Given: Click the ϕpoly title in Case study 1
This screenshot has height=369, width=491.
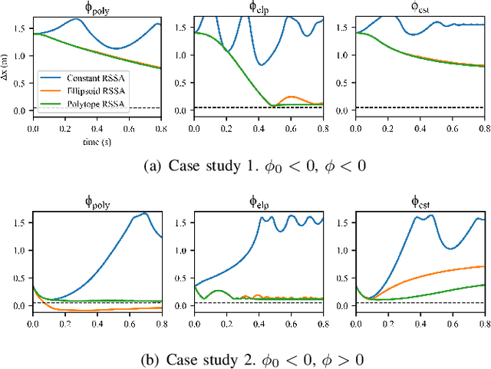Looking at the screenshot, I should [96, 8].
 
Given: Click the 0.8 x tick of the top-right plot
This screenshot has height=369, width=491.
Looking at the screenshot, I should [483, 130].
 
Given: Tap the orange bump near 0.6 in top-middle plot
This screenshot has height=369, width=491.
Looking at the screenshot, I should [291, 97].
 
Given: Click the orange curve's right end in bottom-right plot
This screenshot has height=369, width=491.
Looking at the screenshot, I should [482, 266].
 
